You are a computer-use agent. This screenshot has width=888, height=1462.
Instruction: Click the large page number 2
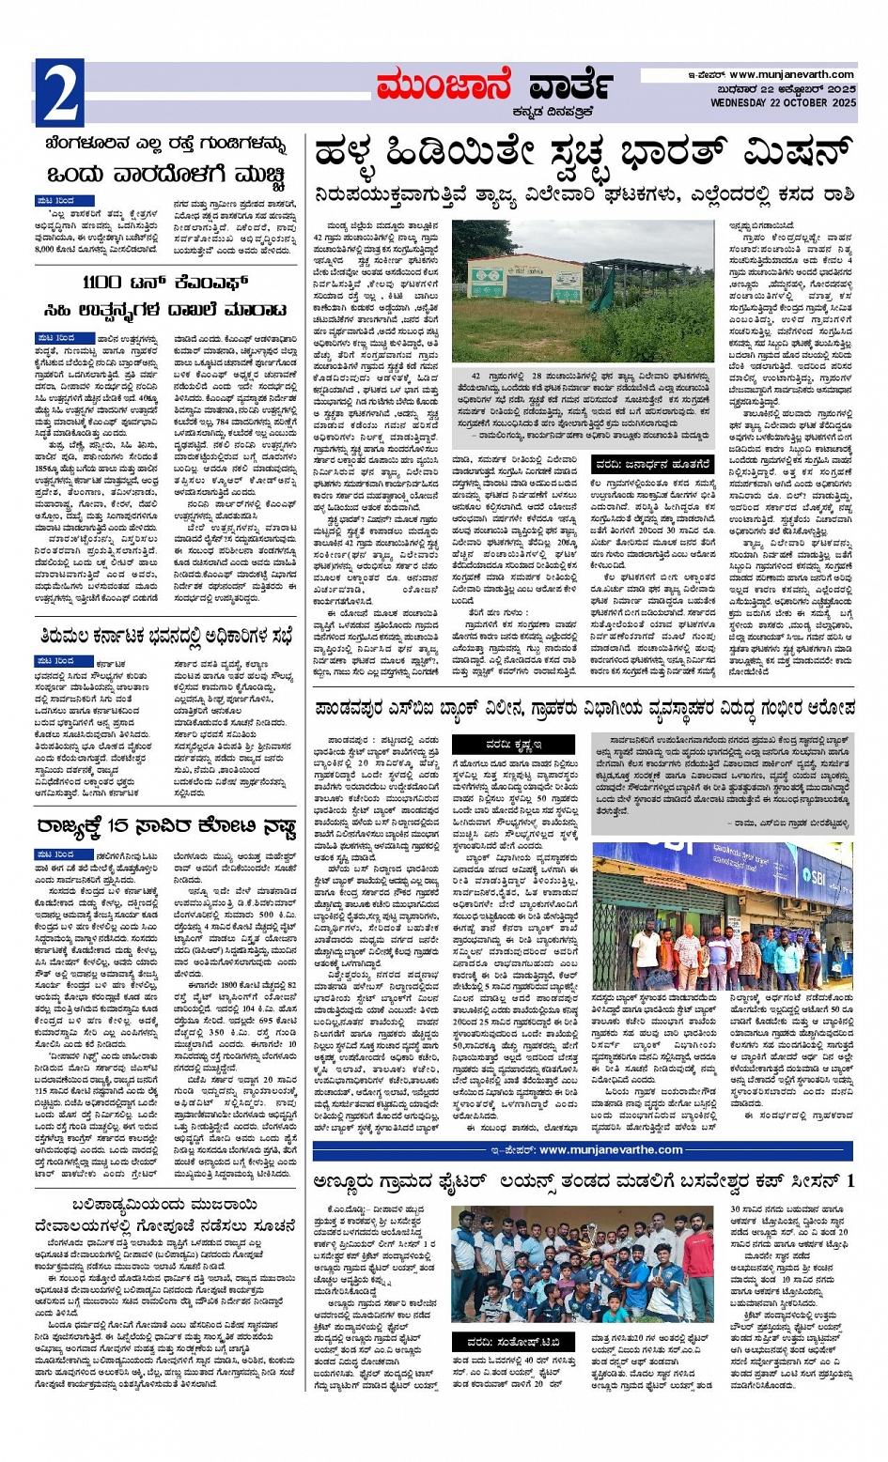pos(59,93)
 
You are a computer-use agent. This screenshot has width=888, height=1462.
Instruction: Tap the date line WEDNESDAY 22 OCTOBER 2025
pos(783,102)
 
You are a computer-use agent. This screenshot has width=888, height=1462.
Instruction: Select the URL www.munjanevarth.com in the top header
pos(791,75)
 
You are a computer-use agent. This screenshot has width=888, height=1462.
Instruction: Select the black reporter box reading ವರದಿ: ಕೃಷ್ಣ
pos(515,744)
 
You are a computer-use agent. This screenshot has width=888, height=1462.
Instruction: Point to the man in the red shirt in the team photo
pos(698,1268)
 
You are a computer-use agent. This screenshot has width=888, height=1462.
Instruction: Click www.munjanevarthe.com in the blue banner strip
pos(611,1150)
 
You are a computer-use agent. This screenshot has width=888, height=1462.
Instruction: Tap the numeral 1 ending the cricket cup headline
pos(849,1180)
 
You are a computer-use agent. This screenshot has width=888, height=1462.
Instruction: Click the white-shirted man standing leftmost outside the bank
pos(647,948)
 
